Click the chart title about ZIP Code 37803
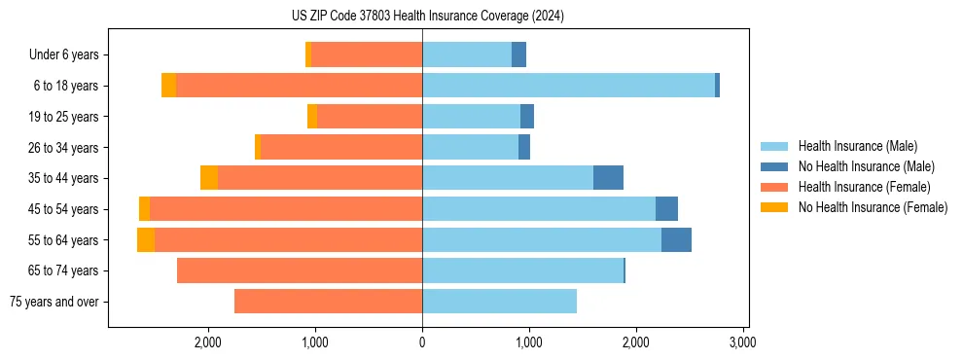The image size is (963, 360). click(427, 17)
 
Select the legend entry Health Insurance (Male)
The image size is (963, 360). click(857, 146)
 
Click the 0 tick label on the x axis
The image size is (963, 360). click(422, 342)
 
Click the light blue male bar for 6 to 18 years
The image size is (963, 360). click(568, 86)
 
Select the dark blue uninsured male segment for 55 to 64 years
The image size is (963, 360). click(676, 239)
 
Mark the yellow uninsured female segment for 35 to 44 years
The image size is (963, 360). click(209, 178)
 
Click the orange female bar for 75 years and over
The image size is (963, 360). click(328, 302)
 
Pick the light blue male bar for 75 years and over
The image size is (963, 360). click(499, 302)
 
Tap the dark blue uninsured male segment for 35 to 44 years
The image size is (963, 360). click(608, 178)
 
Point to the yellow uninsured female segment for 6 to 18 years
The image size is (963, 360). click(168, 86)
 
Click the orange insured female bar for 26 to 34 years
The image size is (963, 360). click(341, 147)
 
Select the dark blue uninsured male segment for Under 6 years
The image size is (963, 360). click(518, 54)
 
